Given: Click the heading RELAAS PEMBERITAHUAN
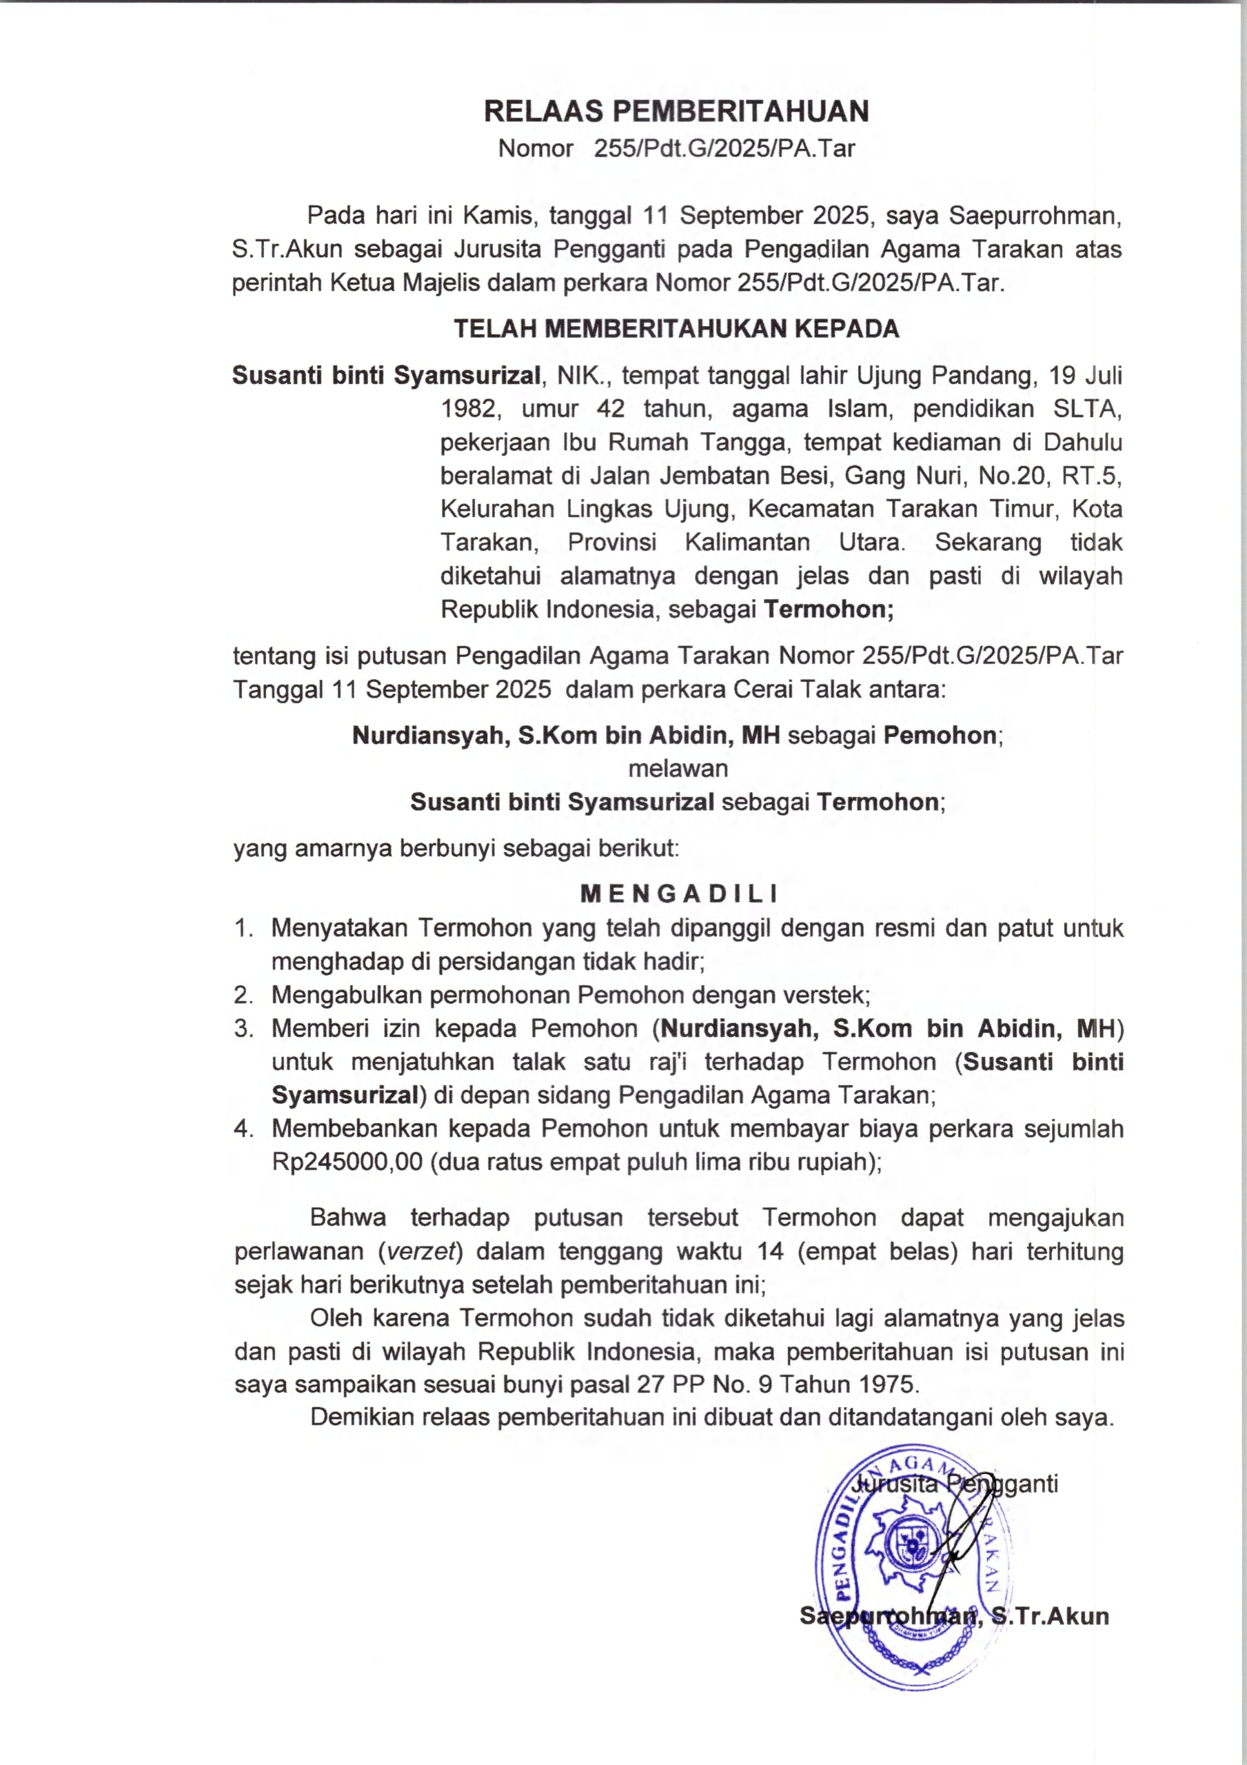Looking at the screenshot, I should (x=676, y=112).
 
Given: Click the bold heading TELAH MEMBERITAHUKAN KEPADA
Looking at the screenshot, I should (x=676, y=329).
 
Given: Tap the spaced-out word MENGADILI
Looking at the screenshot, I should (x=679, y=894).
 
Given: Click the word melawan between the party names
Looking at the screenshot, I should (x=678, y=769).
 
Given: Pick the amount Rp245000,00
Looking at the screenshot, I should (x=347, y=1162).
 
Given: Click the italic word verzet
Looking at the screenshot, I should (x=420, y=1251).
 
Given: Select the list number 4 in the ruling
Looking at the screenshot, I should (x=244, y=1129).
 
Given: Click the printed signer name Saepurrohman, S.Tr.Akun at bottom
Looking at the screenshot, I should (x=954, y=1616).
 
